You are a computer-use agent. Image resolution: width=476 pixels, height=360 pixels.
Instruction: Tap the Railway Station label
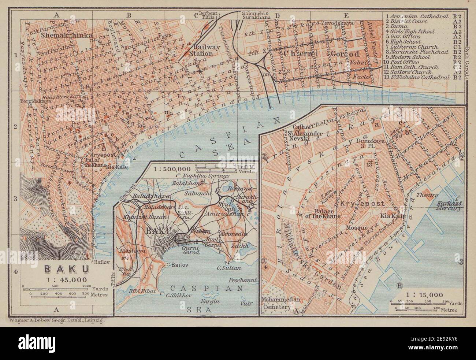click(198, 50)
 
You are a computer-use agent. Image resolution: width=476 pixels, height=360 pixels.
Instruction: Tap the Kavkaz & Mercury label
click(447, 205)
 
